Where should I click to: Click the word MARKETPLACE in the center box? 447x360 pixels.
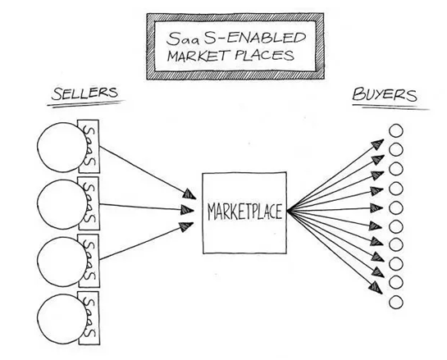pyautogui.click(x=245, y=212)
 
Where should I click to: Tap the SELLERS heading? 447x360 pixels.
pyautogui.click(x=84, y=93)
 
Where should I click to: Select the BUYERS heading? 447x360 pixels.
pyautogui.click(x=385, y=94)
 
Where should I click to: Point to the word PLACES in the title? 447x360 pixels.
pyautogui.click(x=265, y=55)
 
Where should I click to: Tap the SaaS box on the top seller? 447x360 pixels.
pyautogui.click(x=89, y=146)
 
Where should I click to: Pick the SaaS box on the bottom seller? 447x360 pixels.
pyautogui.click(x=89, y=318)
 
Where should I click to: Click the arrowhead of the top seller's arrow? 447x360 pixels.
pyautogui.click(x=189, y=194)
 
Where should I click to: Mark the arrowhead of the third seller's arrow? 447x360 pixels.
pyautogui.click(x=187, y=226)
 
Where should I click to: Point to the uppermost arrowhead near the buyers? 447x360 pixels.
pyautogui.click(x=378, y=144)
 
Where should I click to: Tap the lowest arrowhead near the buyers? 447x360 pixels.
pyautogui.click(x=376, y=288)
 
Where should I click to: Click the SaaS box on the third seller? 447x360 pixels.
pyautogui.click(x=89, y=261)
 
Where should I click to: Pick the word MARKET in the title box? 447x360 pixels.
pyautogui.click(x=198, y=56)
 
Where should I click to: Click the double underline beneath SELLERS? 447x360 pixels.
pyautogui.click(x=86, y=103)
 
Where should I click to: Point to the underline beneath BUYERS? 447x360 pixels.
pyautogui.click(x=390, y=107)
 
